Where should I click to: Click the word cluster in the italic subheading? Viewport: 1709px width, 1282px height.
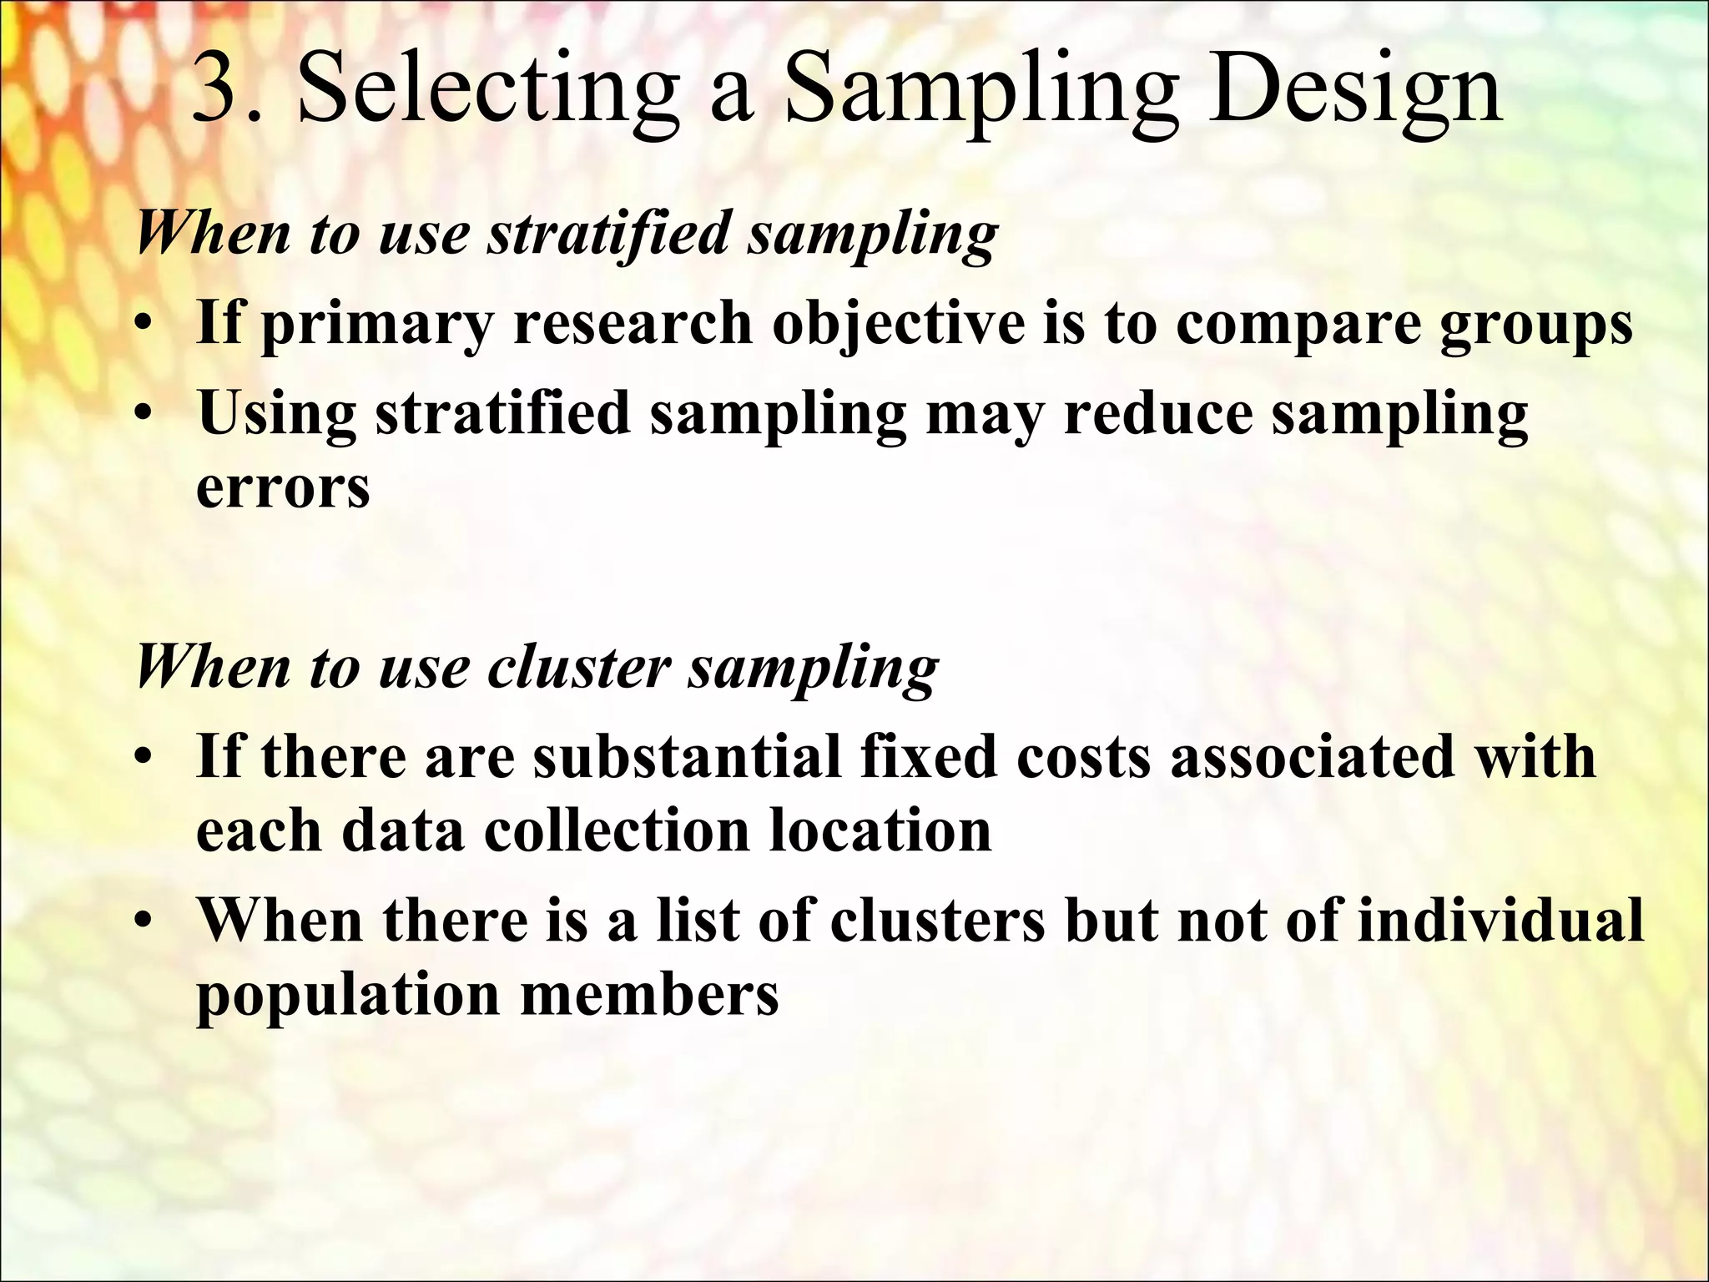pyautogui.click(x=579, y=667)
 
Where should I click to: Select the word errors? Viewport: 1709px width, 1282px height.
pyautogui.click(x=283, y=488)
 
